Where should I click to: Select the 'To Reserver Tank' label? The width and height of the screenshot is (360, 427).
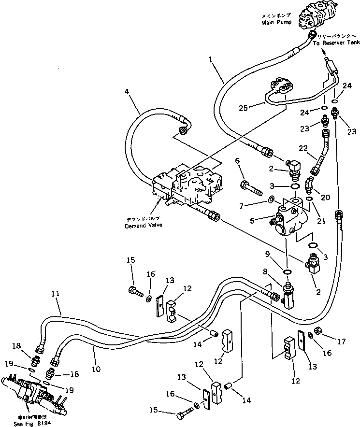[x=335, y=43]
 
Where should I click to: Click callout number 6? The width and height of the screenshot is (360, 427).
[x=237, y=160]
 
